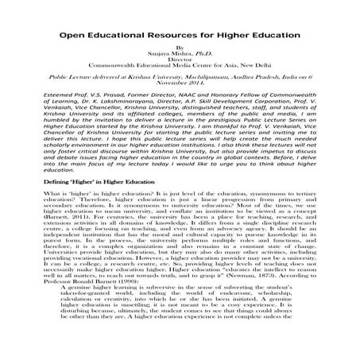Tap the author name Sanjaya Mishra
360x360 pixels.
click(x=174, y=56)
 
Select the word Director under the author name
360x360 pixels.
click(x=180, y=64)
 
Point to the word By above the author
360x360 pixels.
click(x=180, y=49)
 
